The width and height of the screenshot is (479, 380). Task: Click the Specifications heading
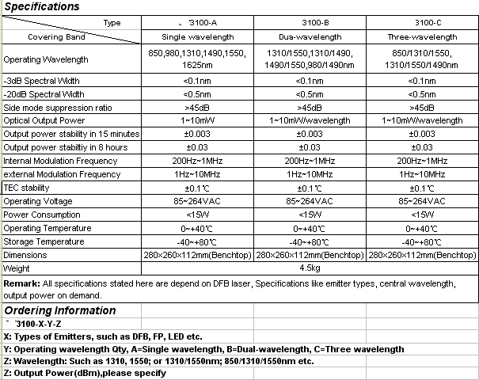point(41,7)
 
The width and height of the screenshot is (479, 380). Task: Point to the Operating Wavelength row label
point(45,59)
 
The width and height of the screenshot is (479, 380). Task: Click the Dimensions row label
point(25,255)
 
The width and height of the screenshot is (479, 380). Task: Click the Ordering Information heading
point(60,310)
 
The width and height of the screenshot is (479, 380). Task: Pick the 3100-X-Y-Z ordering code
point(36,325)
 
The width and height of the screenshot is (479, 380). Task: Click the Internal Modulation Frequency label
point(60,161)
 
